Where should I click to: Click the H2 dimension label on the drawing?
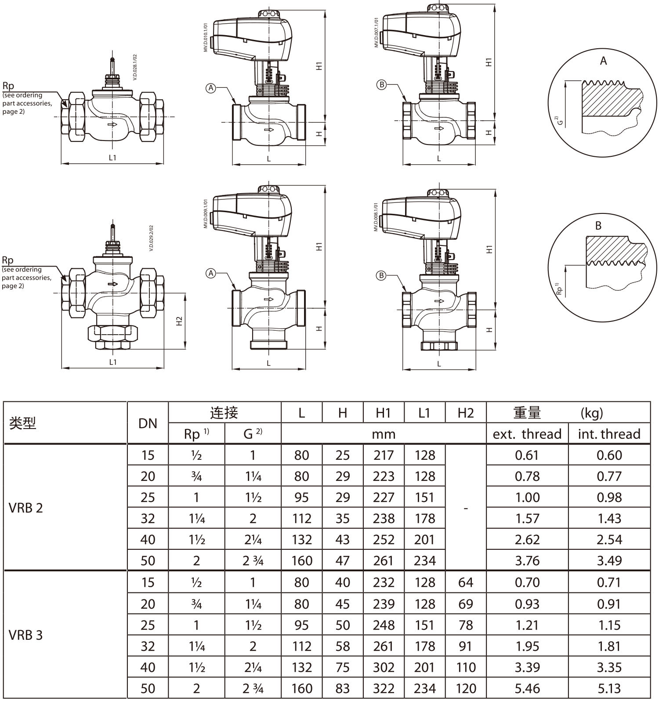pos(179,321)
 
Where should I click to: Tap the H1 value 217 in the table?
pos(384,455)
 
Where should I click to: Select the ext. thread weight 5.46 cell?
pos(527,688)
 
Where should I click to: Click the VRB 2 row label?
pos(26,508)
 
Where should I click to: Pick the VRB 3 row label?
pos(26,635)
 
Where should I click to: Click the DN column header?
pos(148,423)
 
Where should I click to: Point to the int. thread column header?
pos(609,434)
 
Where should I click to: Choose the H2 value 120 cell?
pos(466,688)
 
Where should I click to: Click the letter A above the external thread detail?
pos(603,61)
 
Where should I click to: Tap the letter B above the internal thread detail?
pos(598,226)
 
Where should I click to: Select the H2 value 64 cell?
pos(466,582)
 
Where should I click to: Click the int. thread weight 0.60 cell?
pos(609,455)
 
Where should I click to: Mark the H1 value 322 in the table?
pos(384,688)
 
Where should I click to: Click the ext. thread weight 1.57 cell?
pos(527,518)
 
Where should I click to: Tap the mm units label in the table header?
pos(384,434)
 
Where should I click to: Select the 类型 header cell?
pos(22,423)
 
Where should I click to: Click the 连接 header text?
pos(224,413)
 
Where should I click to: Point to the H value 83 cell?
pos(343,688)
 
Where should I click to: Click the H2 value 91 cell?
pos(466,646)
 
